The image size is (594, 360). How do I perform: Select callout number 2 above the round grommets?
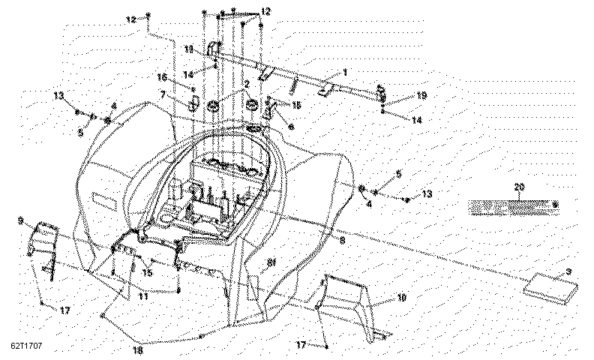[245, 84]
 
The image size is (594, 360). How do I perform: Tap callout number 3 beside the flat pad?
[568, 271]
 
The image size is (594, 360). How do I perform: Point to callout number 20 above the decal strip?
[518, 186]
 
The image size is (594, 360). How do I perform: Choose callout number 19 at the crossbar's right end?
[421, 95]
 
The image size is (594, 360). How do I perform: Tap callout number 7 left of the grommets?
[162, 94]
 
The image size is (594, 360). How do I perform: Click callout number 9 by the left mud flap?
[21, 220]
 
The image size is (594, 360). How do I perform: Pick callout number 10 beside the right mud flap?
[401, 298]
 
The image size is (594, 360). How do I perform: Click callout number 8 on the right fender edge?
[343, 241]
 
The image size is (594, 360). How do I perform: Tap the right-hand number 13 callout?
[427, 193]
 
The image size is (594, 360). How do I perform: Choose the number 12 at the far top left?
[132, 19]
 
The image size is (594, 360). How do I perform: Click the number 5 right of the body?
[398, 173]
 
